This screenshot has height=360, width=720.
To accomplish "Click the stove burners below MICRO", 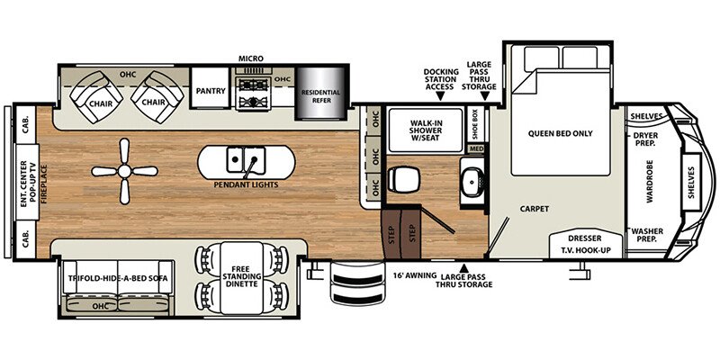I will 251,91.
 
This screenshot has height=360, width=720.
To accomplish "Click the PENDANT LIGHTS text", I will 246,184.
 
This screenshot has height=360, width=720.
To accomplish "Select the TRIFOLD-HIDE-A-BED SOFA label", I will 117,279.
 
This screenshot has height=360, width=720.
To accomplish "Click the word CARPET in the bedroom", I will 534,208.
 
